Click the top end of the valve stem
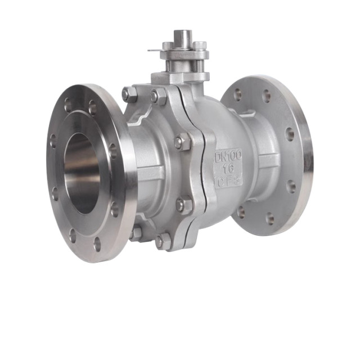(x=181, y=34)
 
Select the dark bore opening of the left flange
(x=82, y=172)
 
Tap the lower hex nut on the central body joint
(x=183, y=204)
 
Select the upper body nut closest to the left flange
(x=129, y=94)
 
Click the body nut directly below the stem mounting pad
(x=159, y=96)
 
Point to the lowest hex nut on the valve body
(x=163, y=241)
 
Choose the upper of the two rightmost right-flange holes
(x=289, y=134)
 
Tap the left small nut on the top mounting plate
(x=168, y=46)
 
